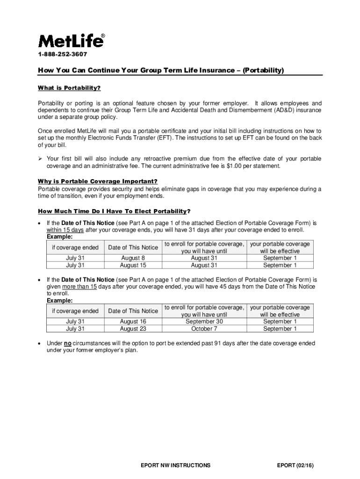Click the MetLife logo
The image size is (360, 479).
click(x=71, y=41)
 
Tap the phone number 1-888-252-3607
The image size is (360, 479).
click(x=62, y=55)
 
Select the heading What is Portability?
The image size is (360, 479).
click(x=69, y=88)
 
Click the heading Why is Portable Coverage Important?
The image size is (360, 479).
click(x=97, y=181)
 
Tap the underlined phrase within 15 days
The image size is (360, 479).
click(x=65, y=230)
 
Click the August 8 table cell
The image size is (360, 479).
click(x=132, y=258)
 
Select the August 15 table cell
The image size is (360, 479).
click(x=132, y=265)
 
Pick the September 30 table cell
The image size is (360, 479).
click(x=204, y=322)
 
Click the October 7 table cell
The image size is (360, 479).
click(x=204, y=329)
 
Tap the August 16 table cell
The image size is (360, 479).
click(x=132, y=322)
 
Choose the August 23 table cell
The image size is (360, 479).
click(x=132, y=329)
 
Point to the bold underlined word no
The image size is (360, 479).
click(x=67, y=343)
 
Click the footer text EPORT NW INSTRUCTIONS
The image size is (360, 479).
click(x=175, y=465)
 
